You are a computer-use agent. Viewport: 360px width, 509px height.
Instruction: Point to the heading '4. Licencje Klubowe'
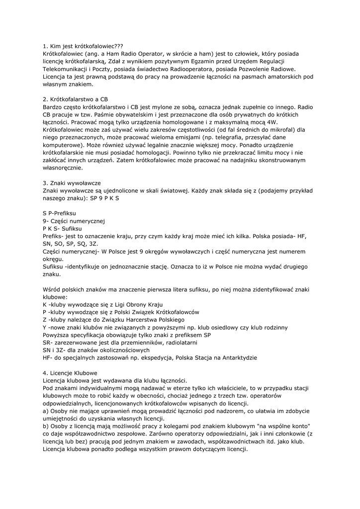[70, 372]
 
